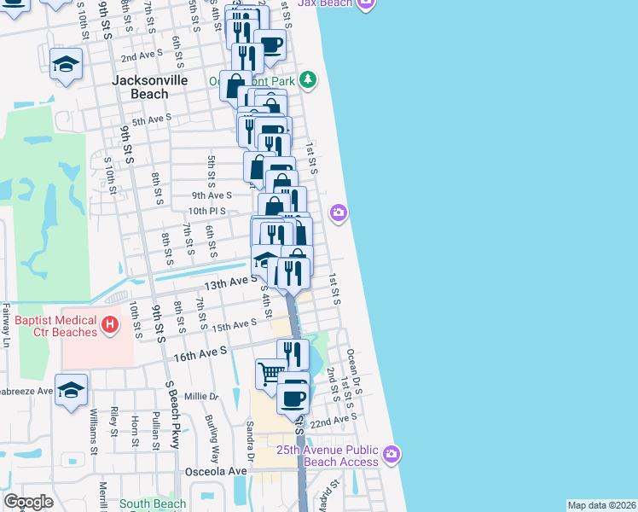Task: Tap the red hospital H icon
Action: (108, 324)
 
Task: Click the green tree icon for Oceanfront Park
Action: (306, 80)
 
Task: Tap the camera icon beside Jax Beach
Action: (366, 4)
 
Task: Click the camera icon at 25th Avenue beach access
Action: (391, 452)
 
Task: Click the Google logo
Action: (28, 502)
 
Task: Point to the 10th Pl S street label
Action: (206, 211)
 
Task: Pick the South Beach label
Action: (153, 504)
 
